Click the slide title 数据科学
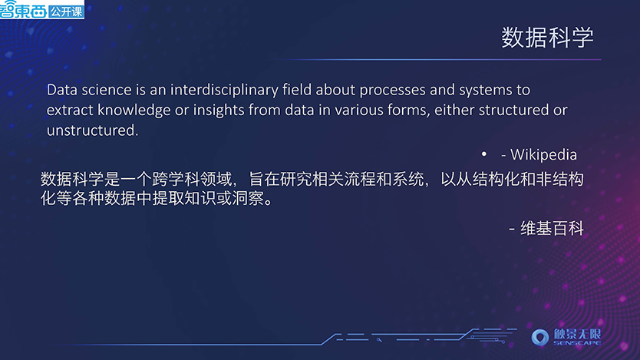[547, 38]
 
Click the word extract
[70, 111]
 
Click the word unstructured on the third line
[92, 130]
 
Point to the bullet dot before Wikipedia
[484, 154]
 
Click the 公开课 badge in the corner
[66, 11]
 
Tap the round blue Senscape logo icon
[540, 338]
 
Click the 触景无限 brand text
[577, 335]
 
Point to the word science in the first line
[107, 91]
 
